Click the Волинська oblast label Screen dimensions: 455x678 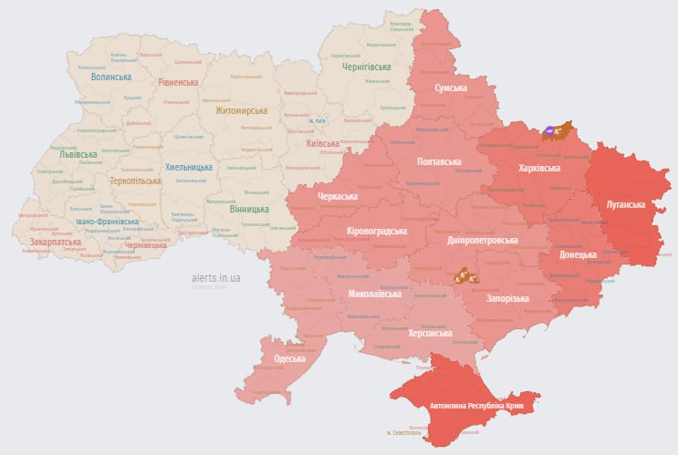[110, 77]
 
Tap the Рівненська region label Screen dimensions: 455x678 [178, 82]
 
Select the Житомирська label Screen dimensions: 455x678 [241, 111]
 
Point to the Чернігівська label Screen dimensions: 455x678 [366, 67]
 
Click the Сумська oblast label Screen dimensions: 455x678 [451, 88]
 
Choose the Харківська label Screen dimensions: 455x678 [539, 169]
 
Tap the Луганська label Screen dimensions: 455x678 [626, 205]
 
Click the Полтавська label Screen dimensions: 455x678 [438, 161]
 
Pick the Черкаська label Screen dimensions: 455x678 [338, 197]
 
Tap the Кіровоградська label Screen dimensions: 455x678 [376, 232]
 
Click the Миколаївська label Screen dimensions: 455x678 [374, 295]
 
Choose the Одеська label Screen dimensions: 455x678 [289, 358]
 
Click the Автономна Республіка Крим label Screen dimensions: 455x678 [464, 402]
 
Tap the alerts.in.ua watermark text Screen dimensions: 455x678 [216, 277]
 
